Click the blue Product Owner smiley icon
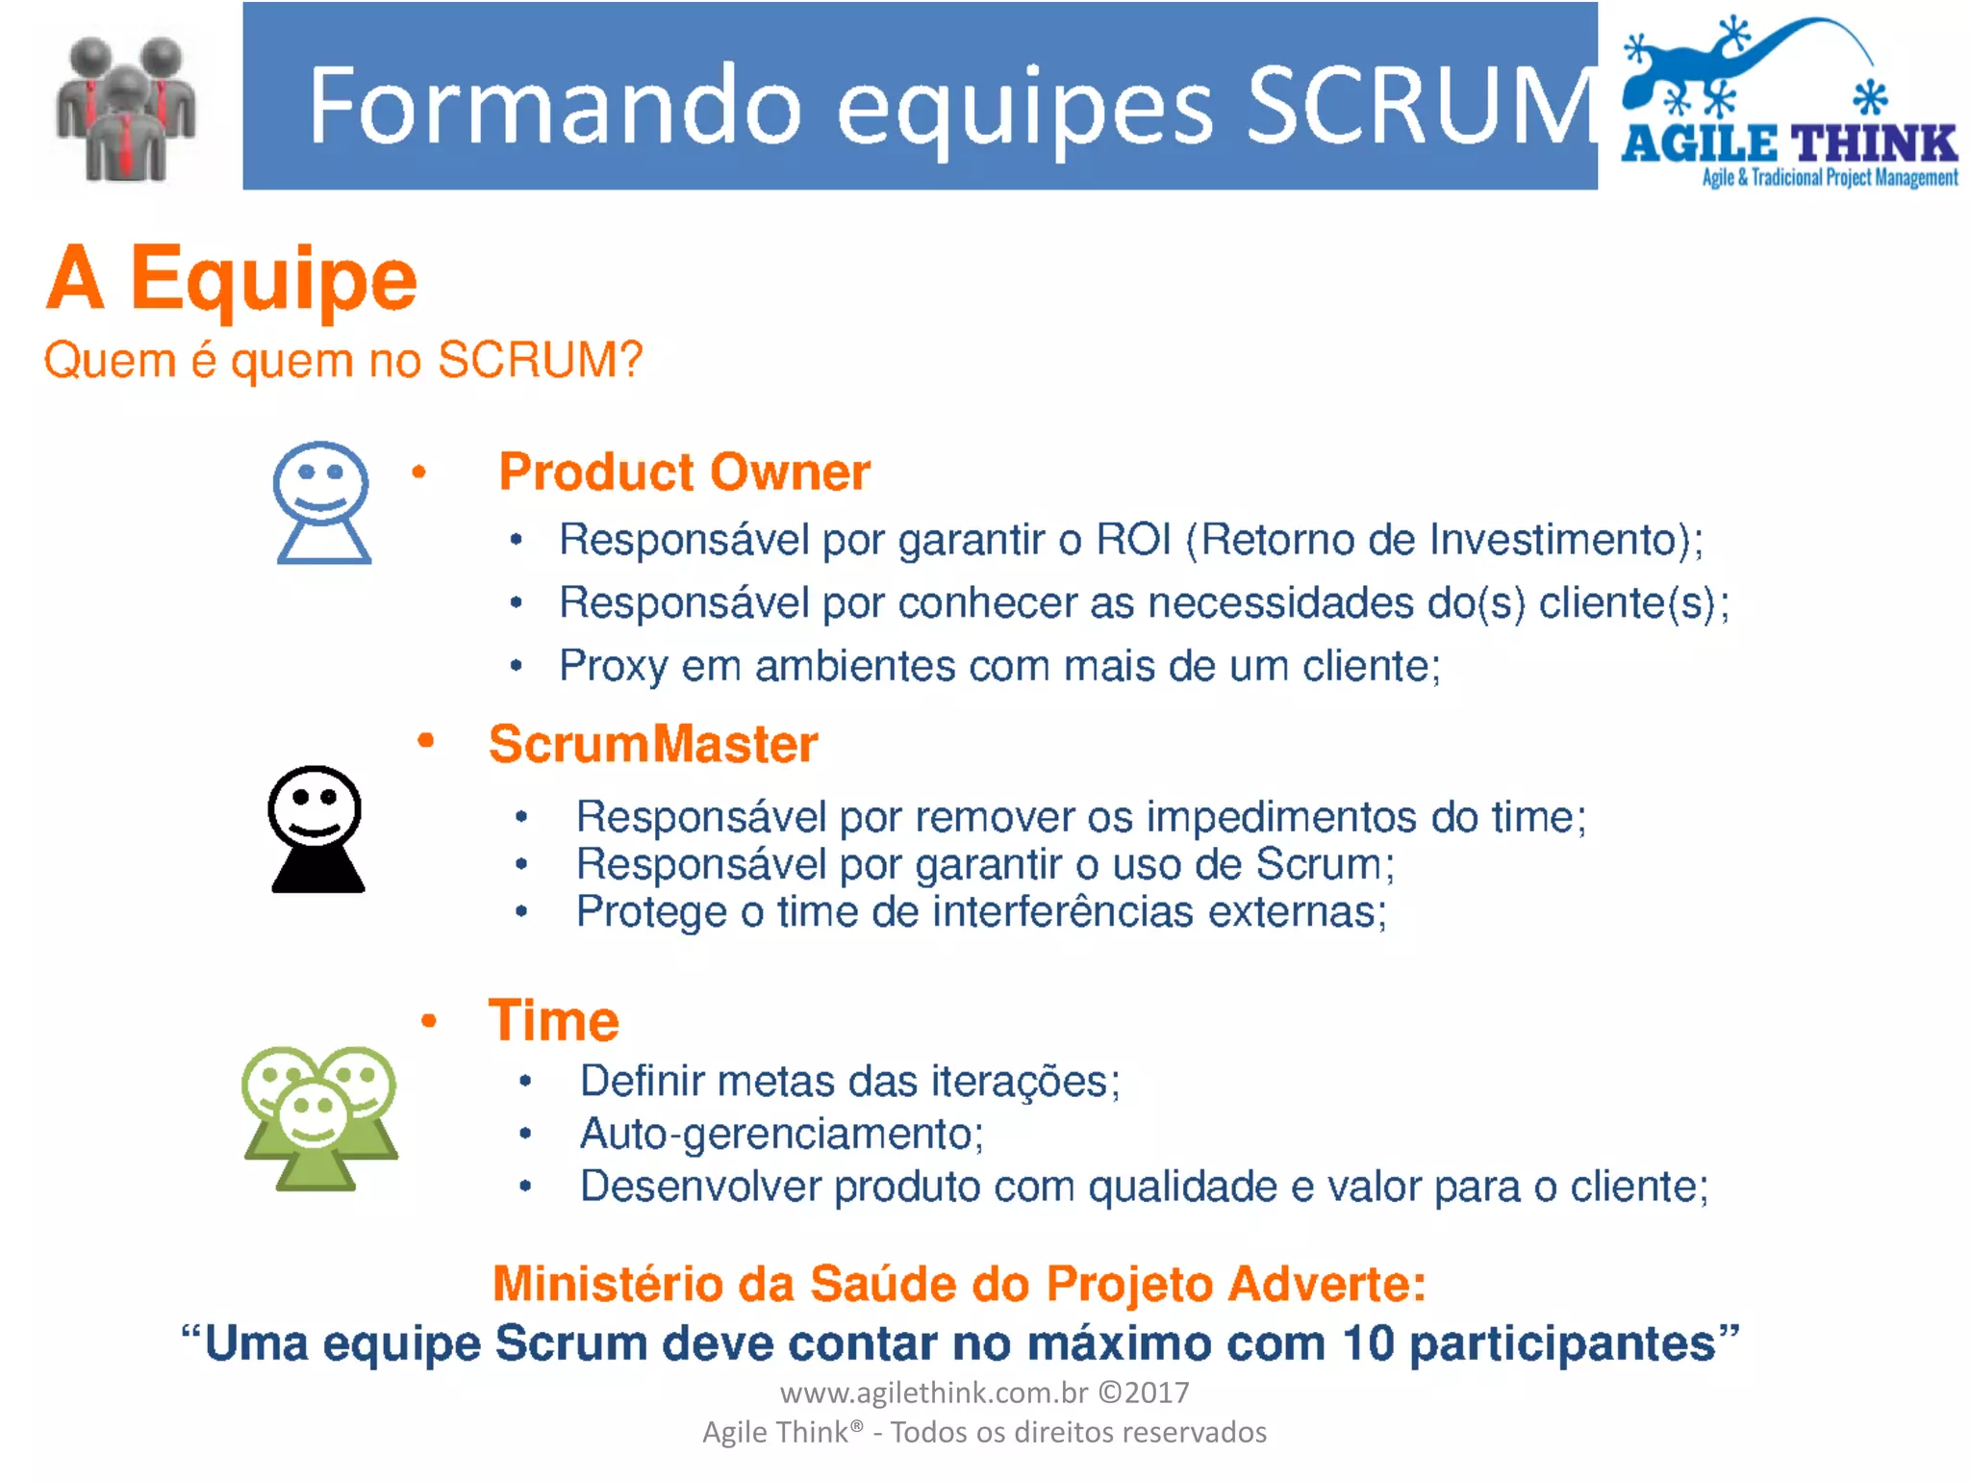322,501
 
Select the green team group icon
319,1117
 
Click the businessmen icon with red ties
125,109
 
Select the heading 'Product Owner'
684,473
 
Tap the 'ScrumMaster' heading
653,744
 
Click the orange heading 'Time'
553,1020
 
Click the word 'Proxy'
613,666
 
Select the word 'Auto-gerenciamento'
780,1134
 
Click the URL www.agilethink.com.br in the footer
933,1393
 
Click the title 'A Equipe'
232,279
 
